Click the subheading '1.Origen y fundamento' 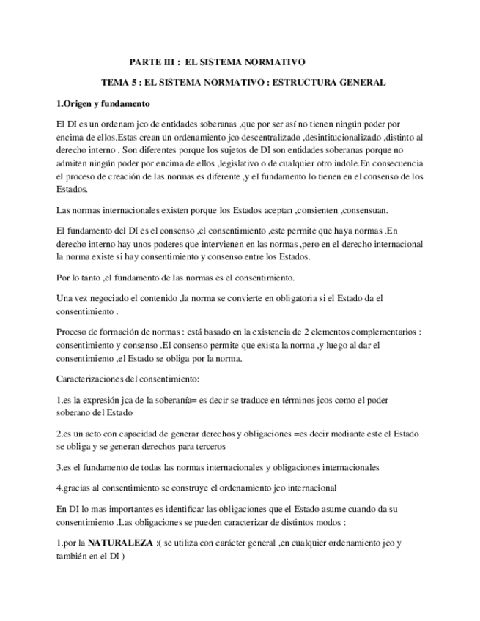103,103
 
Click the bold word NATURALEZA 119,543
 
